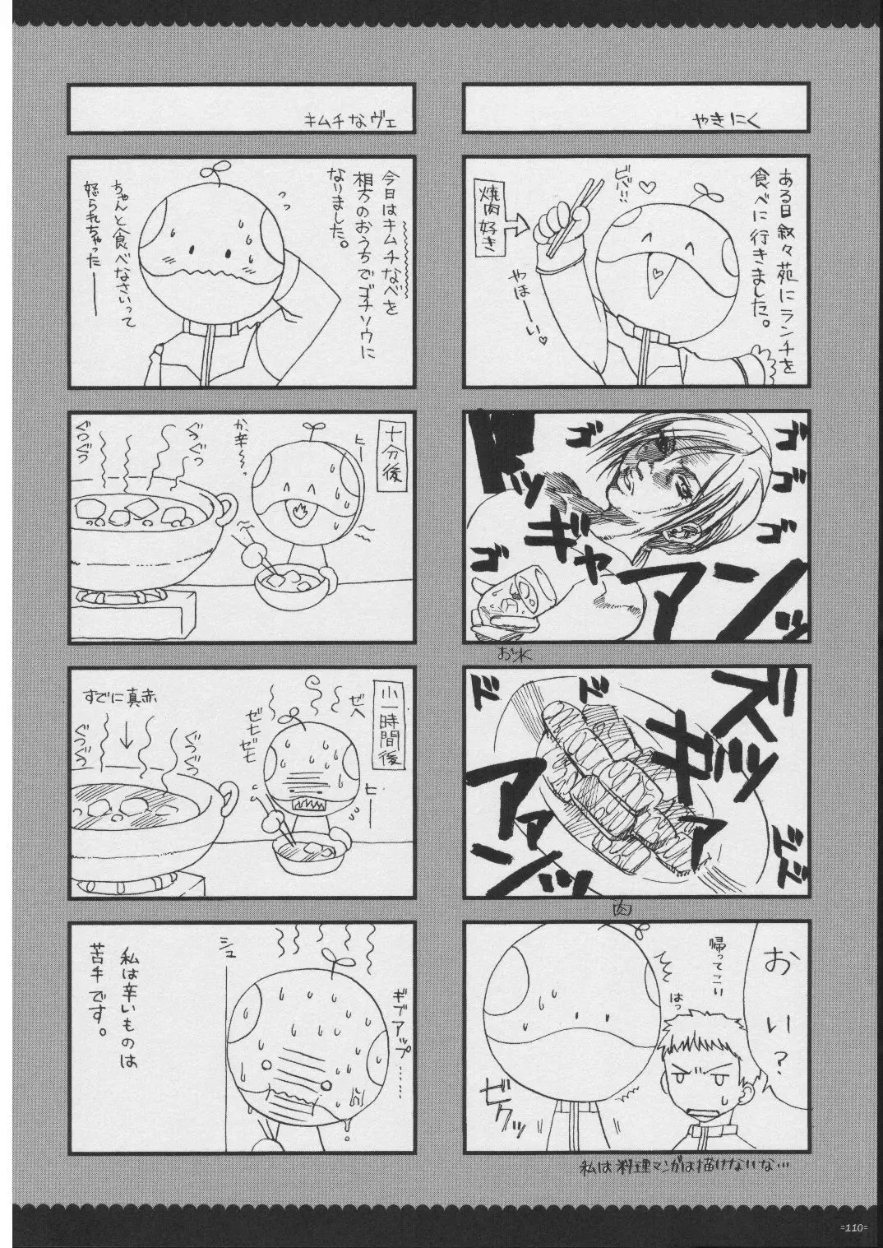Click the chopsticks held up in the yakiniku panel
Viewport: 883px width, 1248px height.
point(558,211)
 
